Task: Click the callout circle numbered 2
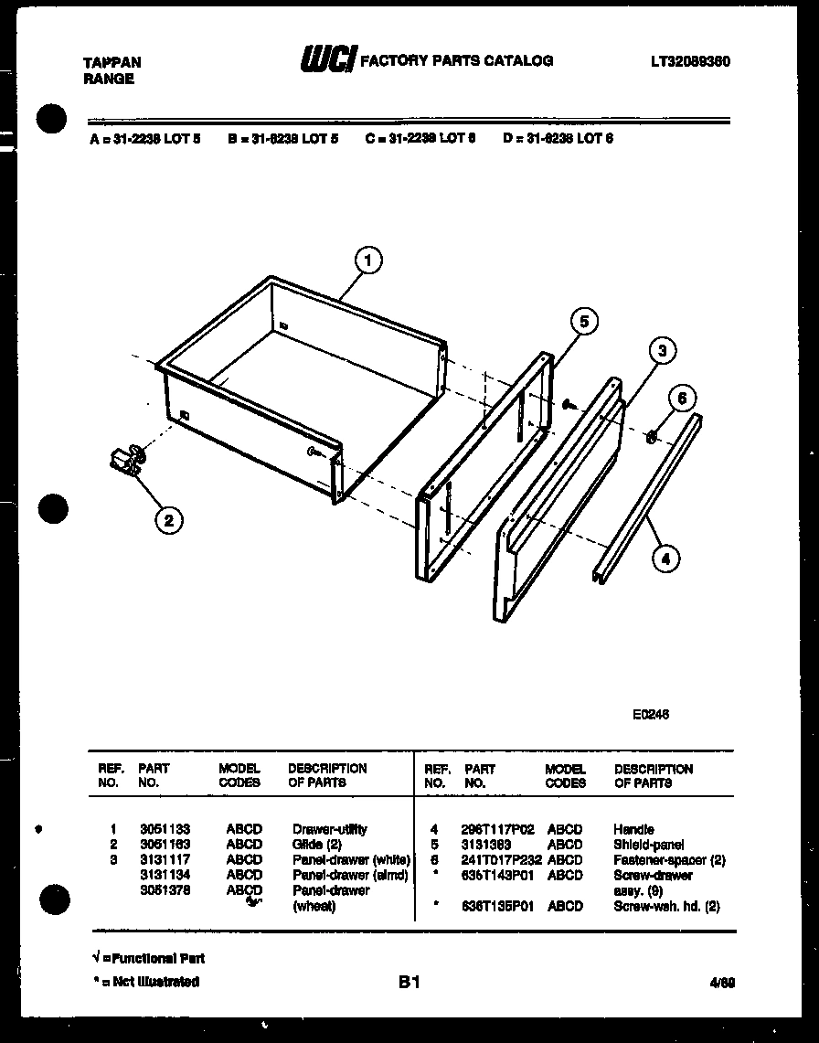(167, 520)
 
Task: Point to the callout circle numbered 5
(583, 321)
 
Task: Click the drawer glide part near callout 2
(127, 461)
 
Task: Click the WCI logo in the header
(328, 60)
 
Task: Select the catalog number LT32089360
(690, 62)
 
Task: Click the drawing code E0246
(650, 715)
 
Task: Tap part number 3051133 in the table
(165, 829)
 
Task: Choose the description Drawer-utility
(329, 829)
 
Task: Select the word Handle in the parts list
(633, 829)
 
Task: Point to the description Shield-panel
(648, 845)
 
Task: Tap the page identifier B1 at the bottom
(409, 983)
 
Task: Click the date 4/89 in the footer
(721, 984)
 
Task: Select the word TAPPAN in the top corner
(112, 62)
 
